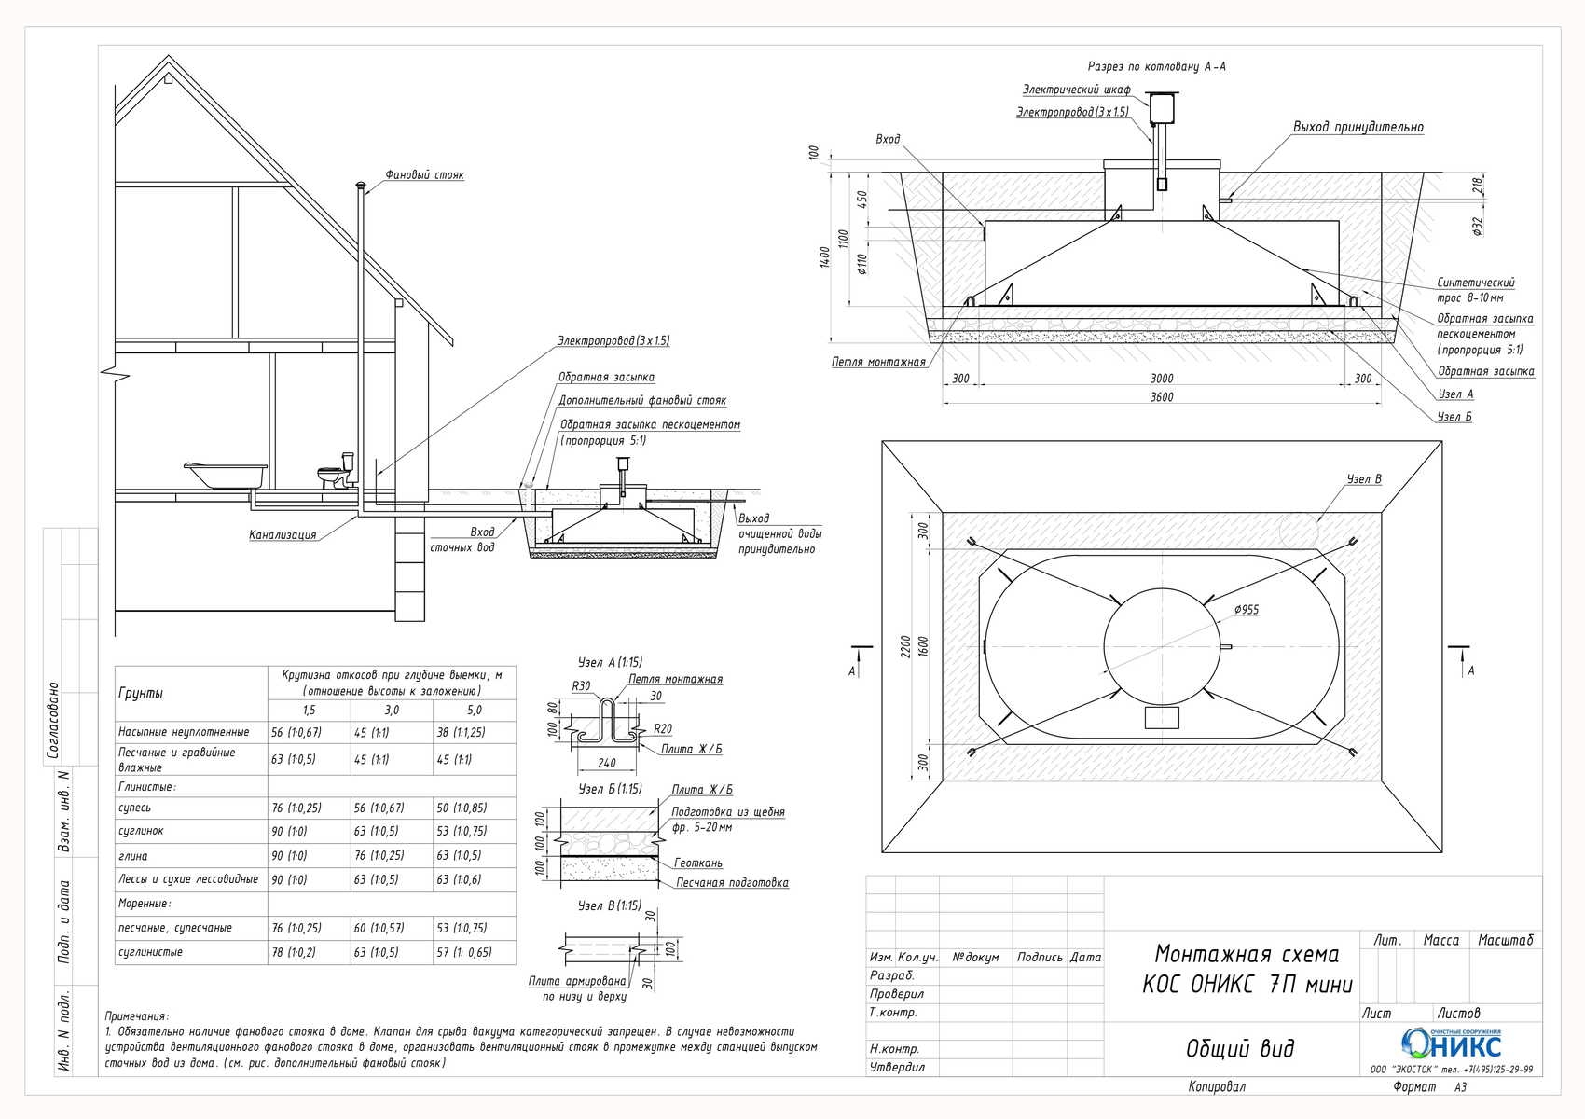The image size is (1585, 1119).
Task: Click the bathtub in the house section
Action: [226, 475]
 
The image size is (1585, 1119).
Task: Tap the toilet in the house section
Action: [337, 471]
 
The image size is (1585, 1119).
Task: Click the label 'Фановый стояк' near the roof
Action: [424, 174]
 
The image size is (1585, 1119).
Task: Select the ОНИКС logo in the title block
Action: [1452, 1043]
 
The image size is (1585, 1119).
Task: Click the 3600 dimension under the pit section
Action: [1161, 397]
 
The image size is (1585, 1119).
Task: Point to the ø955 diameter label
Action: [1246, 610]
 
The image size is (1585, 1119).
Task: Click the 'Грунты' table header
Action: [141, 693]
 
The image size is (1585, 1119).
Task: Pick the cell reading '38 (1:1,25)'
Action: [461, 733]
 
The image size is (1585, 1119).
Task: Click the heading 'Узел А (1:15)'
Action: [610, 662]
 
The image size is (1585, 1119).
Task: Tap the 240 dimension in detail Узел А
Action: [606, 763]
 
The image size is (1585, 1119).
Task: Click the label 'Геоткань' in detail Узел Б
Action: [697, 863]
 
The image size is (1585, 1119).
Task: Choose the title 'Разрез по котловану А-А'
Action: [1156, 66]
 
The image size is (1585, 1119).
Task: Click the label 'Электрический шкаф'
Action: [1076, 90]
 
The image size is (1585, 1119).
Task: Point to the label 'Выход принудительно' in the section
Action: [1358, 128]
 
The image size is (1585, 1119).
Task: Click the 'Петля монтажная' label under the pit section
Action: [878, 363]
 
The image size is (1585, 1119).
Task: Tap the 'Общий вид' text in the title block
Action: [1240, 1048]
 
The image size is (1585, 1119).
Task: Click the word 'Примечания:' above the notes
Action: [137, 1016]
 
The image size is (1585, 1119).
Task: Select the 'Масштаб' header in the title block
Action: [1505, 940]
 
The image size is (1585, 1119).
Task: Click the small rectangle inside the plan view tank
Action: [1162, 718]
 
